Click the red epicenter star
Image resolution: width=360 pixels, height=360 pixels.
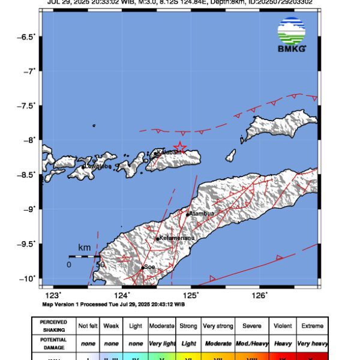point(179,147)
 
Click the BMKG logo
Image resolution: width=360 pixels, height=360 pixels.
point(292,35)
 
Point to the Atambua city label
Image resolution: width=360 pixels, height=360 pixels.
point(202,213)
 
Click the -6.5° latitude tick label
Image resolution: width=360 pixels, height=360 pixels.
point(26,37)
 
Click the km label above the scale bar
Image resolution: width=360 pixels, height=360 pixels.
point(84,248)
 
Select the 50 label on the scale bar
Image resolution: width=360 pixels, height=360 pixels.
point(100,264)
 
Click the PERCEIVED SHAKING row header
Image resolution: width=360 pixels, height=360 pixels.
point(53,325)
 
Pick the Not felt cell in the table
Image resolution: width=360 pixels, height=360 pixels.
point(88,326)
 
